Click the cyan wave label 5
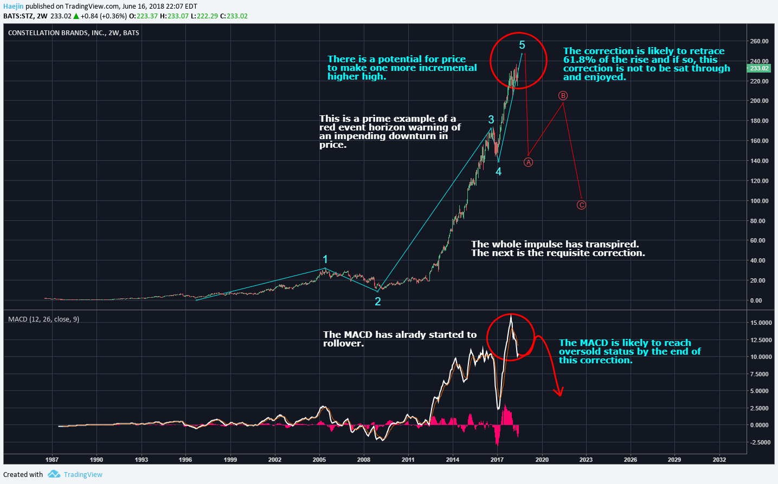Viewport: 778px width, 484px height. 522,45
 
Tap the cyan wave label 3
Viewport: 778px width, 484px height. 491,120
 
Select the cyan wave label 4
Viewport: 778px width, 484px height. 498,172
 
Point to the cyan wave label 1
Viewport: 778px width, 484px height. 325,259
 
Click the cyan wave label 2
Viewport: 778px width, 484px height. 378,302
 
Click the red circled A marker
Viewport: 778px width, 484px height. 529,162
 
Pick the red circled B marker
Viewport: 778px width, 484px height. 563,96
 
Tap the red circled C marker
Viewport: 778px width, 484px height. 581,205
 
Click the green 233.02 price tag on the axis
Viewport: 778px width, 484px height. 759,68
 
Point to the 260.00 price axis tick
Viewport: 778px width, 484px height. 759,41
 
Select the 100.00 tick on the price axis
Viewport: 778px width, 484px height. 759,201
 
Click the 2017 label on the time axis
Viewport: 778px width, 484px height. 497,460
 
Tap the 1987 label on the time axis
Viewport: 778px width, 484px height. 52,460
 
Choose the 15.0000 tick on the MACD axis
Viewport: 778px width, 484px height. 761,323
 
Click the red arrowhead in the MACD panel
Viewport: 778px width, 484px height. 559,392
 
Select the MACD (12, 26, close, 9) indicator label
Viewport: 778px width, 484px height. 43,319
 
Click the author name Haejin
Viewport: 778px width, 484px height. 13,6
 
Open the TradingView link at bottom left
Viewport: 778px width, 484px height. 82,475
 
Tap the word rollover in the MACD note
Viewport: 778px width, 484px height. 343,344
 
